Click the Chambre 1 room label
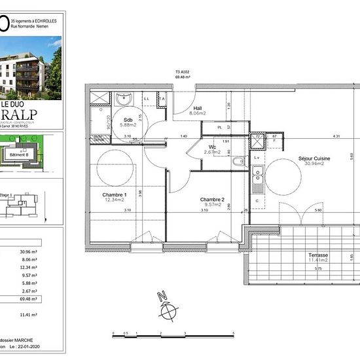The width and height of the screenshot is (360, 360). pyautogui.click(x=114, y=195)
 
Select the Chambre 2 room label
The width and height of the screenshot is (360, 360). pyautogui.click(x=212, y=199)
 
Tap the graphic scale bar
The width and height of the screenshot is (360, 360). pyautogui.click(x=171, y=334)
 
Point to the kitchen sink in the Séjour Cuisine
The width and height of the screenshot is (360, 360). pyautogui.click(x=258, y=174)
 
